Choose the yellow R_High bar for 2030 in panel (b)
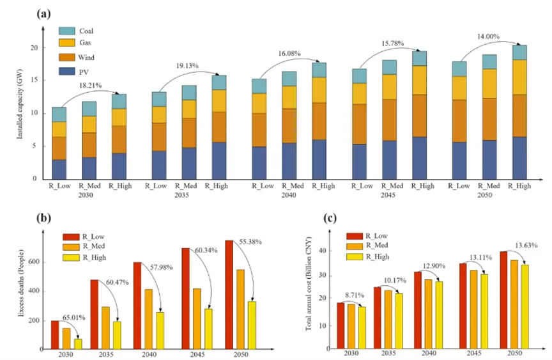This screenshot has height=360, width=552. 78,343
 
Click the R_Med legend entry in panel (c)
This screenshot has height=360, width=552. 373,246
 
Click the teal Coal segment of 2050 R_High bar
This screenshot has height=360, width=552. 519,52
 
